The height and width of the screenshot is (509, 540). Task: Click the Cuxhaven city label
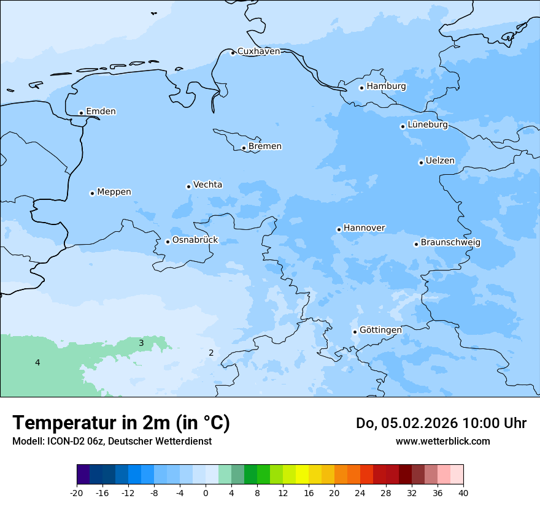click(x=258, y=52)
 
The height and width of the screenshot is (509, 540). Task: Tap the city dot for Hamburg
click(x=361, y=88)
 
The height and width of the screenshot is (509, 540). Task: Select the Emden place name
click(x=101, y=112)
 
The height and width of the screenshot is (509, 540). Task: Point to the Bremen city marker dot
click(x=244, y=148)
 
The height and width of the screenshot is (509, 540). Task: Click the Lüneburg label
click(x=427, y=125)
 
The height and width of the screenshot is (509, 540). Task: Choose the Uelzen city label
click(x=440, y=161)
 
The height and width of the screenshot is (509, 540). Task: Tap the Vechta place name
click(x=207, y=185)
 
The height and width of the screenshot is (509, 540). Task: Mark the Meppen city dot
click(x=92, y=193)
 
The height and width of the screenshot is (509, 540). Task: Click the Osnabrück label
click(x=195, y=240)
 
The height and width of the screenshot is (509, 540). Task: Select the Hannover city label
click(x=364, y=228)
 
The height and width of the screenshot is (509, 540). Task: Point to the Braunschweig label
click(x=450, y=243)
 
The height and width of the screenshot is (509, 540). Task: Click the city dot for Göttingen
click(x=355, y=332)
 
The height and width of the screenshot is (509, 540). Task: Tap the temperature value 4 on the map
click(x=37, y=363)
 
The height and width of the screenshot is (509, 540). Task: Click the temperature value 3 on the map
click(x=141, y=343)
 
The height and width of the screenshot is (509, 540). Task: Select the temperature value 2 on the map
click(x=211, y=353)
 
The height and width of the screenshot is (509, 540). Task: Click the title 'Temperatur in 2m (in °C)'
click(x=121, y=423)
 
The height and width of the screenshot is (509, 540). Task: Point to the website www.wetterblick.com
click(x=442, y=442)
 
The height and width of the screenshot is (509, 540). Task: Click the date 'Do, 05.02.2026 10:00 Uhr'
click(x=441, y=423)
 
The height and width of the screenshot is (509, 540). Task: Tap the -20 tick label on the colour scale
click(x=77, y=493)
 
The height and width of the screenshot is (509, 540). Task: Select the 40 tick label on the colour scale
click(x=463, y=493)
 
